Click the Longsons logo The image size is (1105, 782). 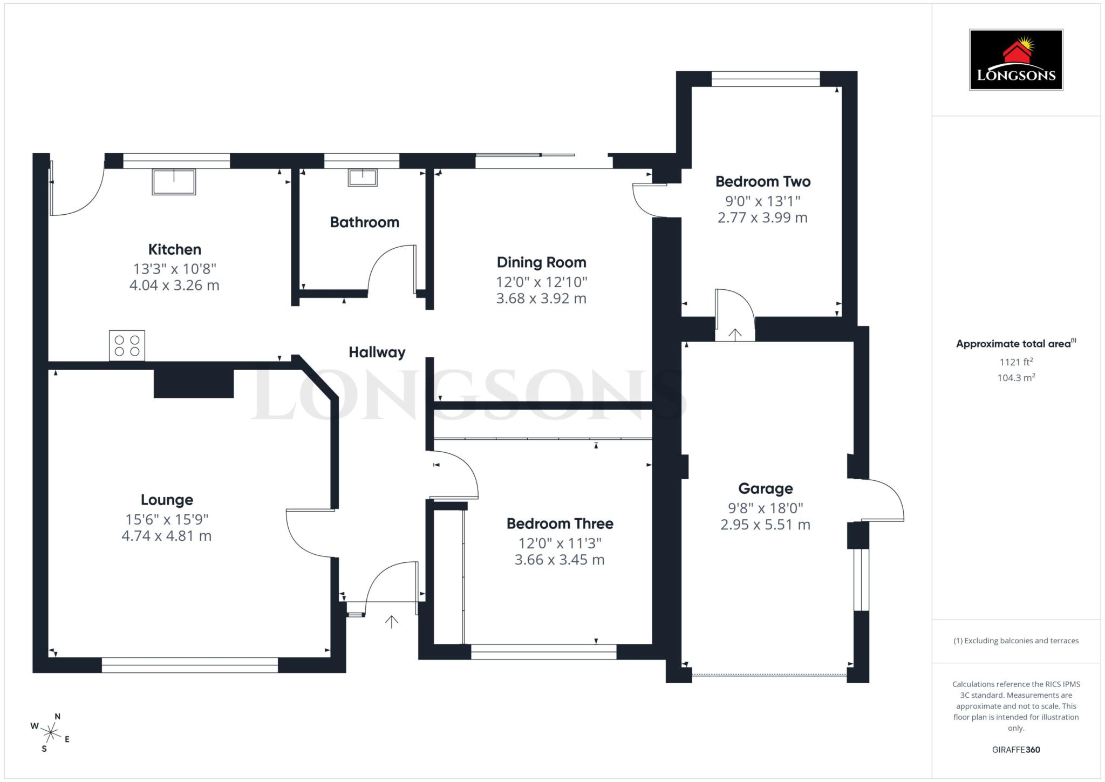click(x=1015, y=59)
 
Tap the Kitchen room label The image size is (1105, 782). click(x=174, y=249)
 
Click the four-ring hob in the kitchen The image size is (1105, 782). click(x=127, y=345)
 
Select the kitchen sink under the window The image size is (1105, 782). click(x=174, y=181)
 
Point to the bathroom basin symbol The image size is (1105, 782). click(x=362, y=177)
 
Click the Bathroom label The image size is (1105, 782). click(x=364, y=222)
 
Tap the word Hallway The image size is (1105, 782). click(x=377, y=352)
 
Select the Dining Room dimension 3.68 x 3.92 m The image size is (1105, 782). click(x=541, y=298)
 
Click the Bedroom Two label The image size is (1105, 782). click(x=762, y=181)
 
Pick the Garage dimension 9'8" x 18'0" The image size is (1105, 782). click(x=765, y=508)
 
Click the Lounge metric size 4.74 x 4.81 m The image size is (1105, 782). click(x=166, y=536)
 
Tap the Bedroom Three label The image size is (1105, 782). click(x=560, y=523)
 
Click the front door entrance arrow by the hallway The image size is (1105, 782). click(x=391, y=622)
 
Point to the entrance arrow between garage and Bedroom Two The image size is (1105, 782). click(x=735, y=335)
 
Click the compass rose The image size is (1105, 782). click(x=51, y=733)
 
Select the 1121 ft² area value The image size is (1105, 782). click(x=1015, y=362)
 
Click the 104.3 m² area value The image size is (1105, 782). click(x=1015, y=378)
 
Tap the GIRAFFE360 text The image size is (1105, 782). click(x=1015, y=750)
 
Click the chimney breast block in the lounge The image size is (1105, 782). click(x=194, y=383)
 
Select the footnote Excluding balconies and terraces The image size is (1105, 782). click(x=1015, y=641)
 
